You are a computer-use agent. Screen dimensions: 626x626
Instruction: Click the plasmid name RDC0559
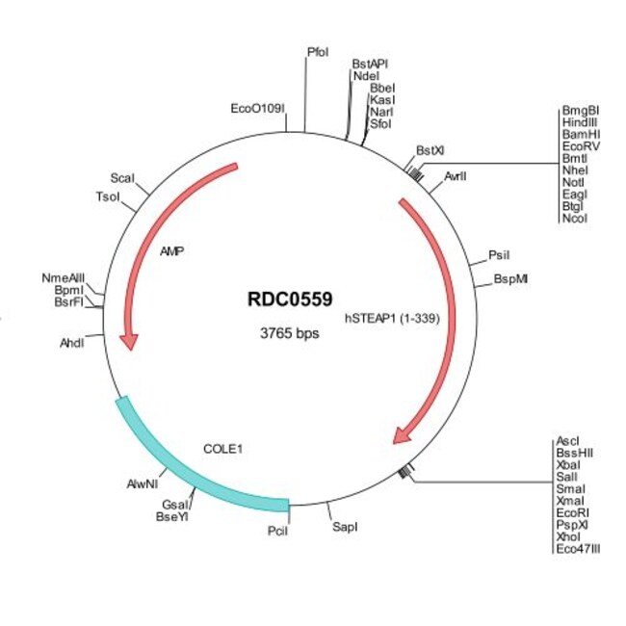(x=290, y=300)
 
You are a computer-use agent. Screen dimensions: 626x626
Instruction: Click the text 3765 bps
(x=290, y=334)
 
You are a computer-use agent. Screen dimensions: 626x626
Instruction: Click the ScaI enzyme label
(x=122, y=179)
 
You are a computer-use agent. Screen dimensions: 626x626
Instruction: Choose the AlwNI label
(x=143, y=484)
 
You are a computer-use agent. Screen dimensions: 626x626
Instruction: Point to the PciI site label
(x=276, y=529)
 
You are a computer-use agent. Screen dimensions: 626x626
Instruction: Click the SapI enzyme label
(x=345, y=527)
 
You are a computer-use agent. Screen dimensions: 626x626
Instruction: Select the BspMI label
(x=510, y=279)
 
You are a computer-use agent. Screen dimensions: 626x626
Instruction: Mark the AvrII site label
(x=457, y=177)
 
